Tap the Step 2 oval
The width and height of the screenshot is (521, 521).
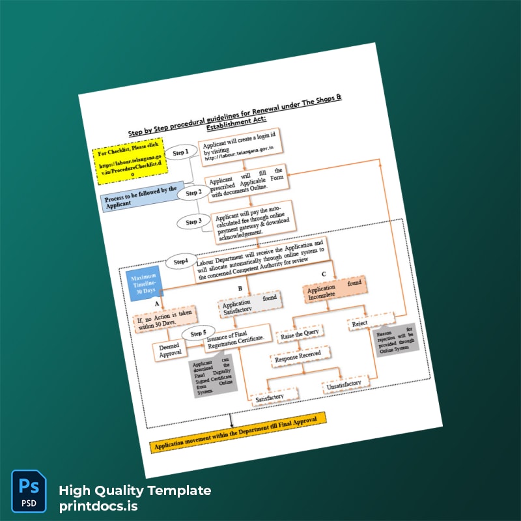coord(193,193)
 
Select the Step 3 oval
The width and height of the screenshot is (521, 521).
coord(193,221)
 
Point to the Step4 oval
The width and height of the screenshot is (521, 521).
coord(181,262)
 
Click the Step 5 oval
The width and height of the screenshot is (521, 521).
coord(199,333)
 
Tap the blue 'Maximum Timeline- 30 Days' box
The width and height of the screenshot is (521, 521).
coord(144,281)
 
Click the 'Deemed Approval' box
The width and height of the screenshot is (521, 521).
coord(170,351)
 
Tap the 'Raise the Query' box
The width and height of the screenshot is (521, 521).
coord(298,335)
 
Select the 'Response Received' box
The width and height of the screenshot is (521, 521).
coord(301,357)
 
